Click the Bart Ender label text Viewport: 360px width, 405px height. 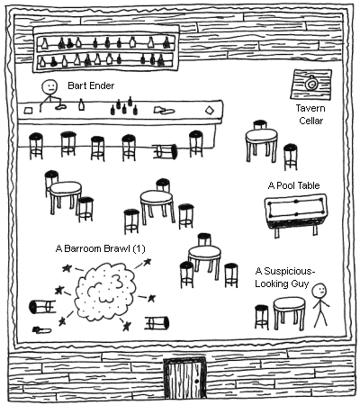(x=91, y=85)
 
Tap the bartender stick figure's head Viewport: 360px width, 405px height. (x=49, y=87)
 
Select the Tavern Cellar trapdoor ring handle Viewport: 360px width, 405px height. (x=310, y=84)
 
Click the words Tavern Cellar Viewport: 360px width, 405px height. (x=310, y=114)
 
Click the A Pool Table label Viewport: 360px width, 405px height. (x=293, y=185)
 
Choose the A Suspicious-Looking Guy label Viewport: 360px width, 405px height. (x=283, y=277)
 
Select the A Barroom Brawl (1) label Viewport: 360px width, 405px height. (x=100, y=248)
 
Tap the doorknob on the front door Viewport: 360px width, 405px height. (x=196, y=382)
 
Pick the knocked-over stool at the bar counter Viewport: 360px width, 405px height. (x=165, y=151)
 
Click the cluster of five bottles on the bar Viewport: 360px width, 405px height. (x=124, y=105)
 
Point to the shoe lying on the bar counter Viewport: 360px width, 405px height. (x=164, y=111)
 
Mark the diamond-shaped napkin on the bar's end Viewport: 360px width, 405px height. (x=210, y=111)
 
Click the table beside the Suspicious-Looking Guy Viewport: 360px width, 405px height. (x=289, y=312)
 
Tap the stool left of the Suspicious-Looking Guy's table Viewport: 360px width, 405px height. (x=262, y=317)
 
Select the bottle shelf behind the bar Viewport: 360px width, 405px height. (x=106, y=49)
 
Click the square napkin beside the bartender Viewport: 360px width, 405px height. (x=28, y=111)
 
